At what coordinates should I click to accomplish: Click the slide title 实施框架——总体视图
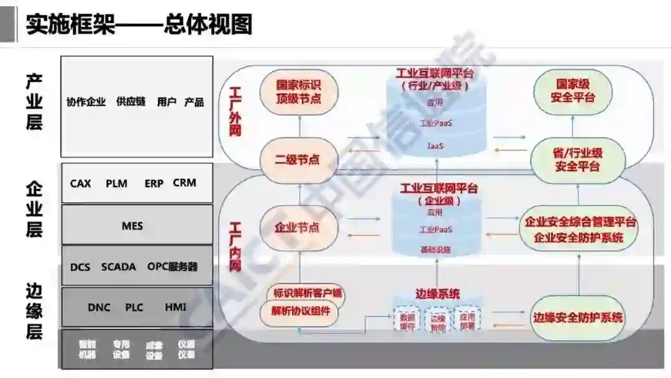pos(139,25)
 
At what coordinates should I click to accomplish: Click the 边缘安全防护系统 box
pos(578,318)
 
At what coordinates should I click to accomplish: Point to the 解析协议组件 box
pos(301,312)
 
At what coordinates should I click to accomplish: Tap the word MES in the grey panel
pos(132,226)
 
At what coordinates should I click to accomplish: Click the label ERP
pos(153,183)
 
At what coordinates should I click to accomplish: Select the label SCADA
pos(118,267)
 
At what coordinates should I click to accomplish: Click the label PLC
pos(134,307)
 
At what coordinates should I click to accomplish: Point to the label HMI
pos(175,307)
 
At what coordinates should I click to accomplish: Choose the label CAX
pos(80,183)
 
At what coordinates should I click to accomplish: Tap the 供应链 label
pos(130,102)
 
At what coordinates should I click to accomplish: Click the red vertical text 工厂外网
pos(235,112)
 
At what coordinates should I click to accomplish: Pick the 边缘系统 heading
pos(437,293)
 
